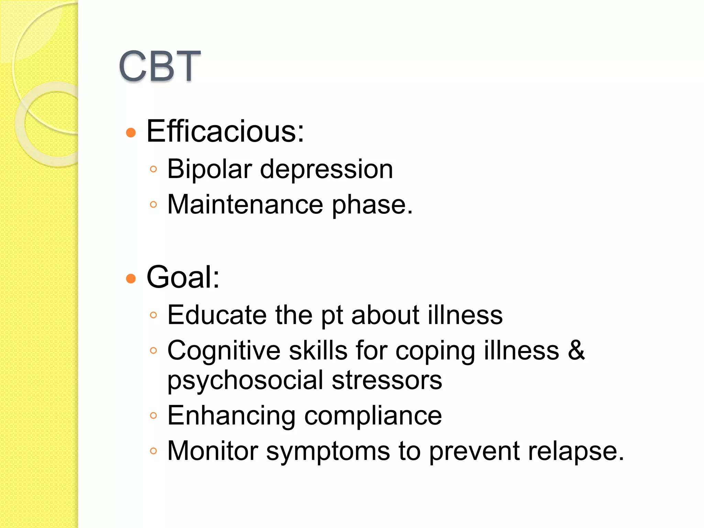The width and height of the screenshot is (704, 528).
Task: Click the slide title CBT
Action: pyautogui.click(x=159, y=66)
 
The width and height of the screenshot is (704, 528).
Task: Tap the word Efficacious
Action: pyautogui.click(x=225, y=131)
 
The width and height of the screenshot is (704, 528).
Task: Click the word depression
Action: pyautogui.click(x=326, y=170)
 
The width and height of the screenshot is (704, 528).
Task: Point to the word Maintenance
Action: pyautogui.click(x=245, y=205)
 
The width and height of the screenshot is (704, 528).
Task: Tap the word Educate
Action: pyautogui.click(x=217, y=315)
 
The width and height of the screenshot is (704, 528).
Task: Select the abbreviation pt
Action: pyautogui.click(x=332, y=316)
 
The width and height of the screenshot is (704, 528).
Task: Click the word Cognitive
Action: pyautogui.click(x=223, y=351)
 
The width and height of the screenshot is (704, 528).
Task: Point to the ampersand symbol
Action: pyautogui.click(x=576, y=350)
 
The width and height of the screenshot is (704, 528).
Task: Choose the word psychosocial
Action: pyautogui.click(x=245, y=381)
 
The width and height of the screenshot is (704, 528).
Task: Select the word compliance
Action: pyautogui.click(x=373, y=416)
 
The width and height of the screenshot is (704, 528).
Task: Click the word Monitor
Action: pyautogui.click(x=212, y=451)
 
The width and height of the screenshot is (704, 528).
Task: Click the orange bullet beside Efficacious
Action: pyautogui.click(x=131, y=132)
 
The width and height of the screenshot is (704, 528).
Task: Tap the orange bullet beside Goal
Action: pyautogui.click(x=131, y=278)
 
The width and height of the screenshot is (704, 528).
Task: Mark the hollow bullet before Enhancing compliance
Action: pyautogui.click(x=153, y=416)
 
